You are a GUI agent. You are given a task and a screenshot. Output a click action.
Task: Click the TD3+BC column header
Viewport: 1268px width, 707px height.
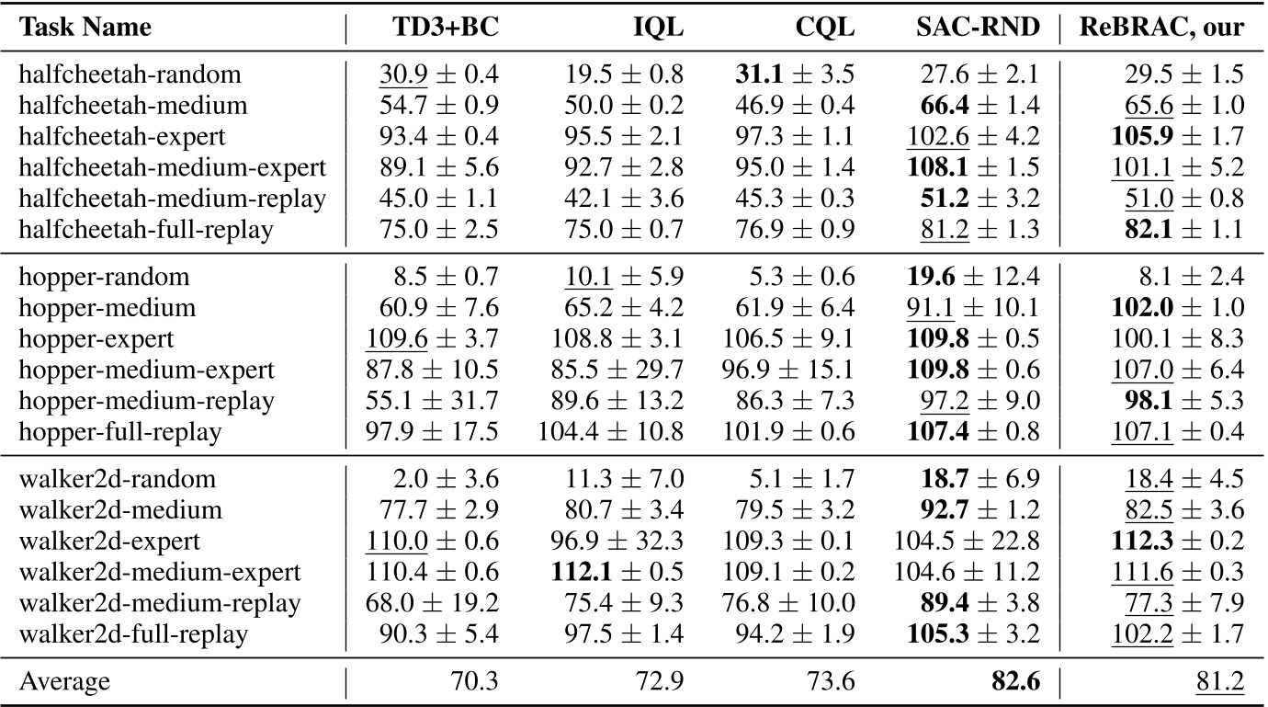[444, 29]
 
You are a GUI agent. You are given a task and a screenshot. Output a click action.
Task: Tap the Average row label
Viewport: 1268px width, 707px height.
[64, 681]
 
